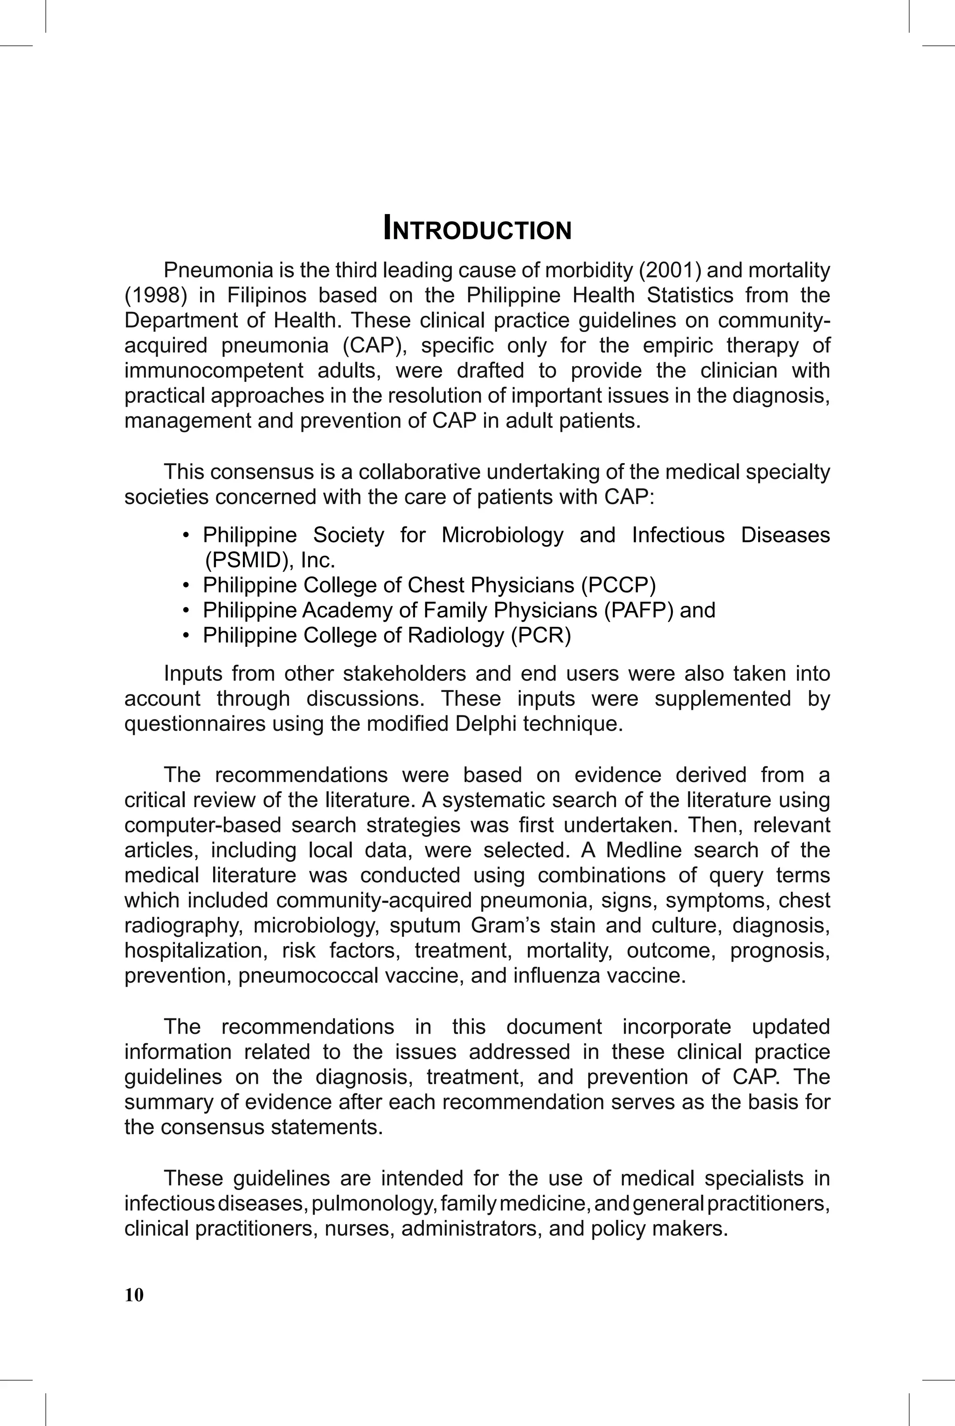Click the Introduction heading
477,229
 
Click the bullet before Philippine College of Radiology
187,636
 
